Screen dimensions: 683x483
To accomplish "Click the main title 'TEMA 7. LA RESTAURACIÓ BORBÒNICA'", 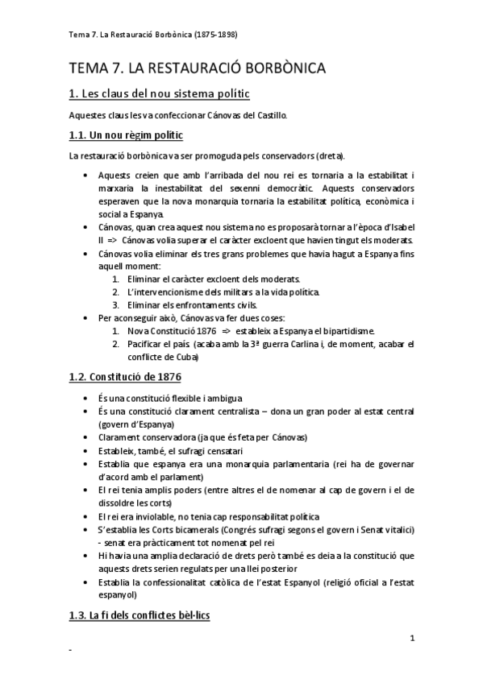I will (197, 68).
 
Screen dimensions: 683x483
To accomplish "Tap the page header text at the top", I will (153, 35).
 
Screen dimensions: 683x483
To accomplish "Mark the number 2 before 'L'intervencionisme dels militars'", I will (116, 291).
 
